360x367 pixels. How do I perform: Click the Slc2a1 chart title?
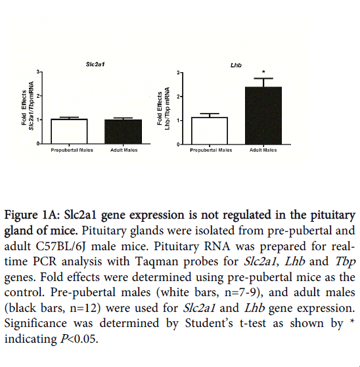coord(95,64)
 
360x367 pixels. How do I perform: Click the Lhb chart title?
coord(236,65)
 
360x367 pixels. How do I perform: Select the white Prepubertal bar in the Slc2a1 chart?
coord(69,131)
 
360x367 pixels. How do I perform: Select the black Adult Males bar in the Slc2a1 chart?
coord(124,131)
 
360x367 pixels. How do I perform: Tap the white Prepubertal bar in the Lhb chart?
coord(210,131)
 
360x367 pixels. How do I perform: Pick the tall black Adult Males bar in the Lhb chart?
coord(263,116)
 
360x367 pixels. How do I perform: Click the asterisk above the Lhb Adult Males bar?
coord(263,72)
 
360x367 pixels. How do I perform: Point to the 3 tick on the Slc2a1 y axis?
coord(38,72)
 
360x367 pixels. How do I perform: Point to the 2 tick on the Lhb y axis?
coord(178,97)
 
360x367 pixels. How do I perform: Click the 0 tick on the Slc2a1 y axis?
coord(38,144)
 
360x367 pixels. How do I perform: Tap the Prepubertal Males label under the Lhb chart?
coord(211,150)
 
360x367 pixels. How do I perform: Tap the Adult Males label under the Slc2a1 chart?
coord(124,150)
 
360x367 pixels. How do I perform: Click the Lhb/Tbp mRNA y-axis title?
coord(167,108)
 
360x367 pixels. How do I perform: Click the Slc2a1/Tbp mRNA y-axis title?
coord(32,106)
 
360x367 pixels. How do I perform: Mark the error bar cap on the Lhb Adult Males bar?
coord(263,78)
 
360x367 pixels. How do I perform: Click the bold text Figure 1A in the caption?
coord(32,215)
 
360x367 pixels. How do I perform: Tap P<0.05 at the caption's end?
coord(79,339)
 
